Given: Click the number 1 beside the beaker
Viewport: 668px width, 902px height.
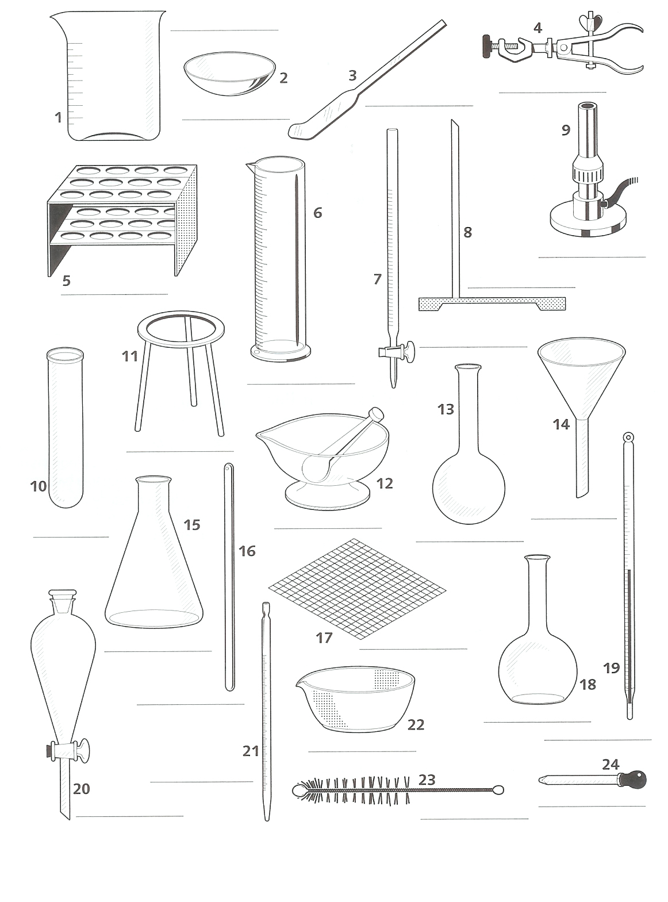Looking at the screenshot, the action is pyautogui.click(x=58, y=117).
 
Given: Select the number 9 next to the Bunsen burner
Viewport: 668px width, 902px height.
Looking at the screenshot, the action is pyautogui.click(x=566, y=130).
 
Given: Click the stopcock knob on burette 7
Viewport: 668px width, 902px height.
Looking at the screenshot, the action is pyautogui.click(x=409, y=351).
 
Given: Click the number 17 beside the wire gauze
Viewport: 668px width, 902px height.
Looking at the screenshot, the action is pyautogui.click(x=324, y=638).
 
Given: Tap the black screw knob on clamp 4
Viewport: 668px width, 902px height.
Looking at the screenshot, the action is pyautogui.click(x=488, y=47).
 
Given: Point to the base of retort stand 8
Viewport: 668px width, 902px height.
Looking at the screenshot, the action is pyautogui.click(x=492, y=304).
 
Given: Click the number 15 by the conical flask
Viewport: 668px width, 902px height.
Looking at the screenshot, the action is pyautogui.click(x=191, y=525).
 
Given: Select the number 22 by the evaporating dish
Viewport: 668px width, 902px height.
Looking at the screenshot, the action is pyautogui.click(x=416, y=724).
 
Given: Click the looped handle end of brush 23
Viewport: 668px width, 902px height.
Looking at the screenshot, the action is pyautogui.click(x=498, y=790).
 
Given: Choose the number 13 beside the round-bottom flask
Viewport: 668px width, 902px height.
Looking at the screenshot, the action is pyautogui.click(x=446, y=409).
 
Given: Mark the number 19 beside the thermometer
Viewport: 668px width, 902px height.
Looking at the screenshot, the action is pyautogui.click(x=612, y=668).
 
